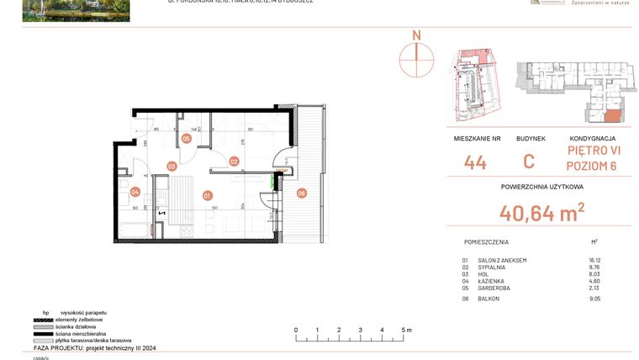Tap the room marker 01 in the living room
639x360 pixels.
click(208, 195)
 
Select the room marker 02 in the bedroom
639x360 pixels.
click(235, 161)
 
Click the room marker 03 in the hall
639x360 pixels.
click(172, 167)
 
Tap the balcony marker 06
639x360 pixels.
click(301, 193)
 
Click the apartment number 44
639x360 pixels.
click(475, 163)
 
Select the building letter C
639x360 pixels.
click(529, 163)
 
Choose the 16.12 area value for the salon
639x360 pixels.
click(596, 261)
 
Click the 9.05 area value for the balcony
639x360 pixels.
click(596, 297)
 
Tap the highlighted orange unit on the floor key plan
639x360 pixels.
click(613, 116)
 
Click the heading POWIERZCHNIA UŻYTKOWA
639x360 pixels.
click(541, 187)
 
